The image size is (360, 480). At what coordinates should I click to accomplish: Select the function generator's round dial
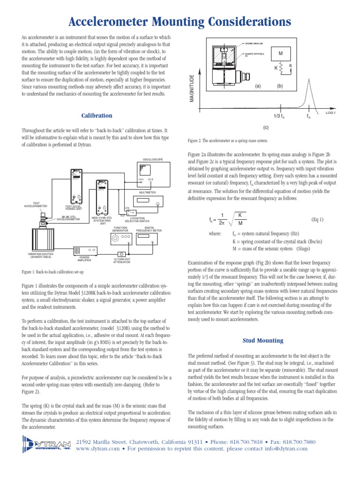(115, 240)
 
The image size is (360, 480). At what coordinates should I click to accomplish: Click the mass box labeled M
(281, 53)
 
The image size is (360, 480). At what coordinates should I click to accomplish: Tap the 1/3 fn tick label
(279, 116)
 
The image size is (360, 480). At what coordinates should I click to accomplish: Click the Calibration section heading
(97, 115)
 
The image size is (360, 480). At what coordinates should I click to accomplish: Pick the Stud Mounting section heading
(262, 340)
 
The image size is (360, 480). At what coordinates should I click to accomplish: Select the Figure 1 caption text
(52, 272)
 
